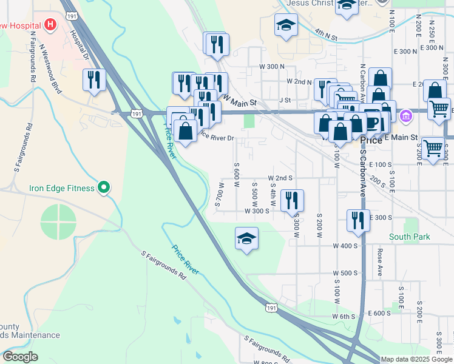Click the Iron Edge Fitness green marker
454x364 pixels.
[x=104, y=188]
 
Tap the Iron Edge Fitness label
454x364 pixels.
[x=62, y=188]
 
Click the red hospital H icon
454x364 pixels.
[x=50, y=25]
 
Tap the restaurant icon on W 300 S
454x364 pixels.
[x=292, y=201]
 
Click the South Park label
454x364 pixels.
[x=410, y=237]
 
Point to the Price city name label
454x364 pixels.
[x=371, y=140]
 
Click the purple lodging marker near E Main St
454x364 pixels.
[x=406, y=115]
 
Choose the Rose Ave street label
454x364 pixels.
[x=380, y=261]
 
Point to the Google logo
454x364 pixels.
[x=20, y=357]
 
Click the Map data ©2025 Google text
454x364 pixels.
[x=416, y=359]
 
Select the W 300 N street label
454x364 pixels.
[x=272, y=66]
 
